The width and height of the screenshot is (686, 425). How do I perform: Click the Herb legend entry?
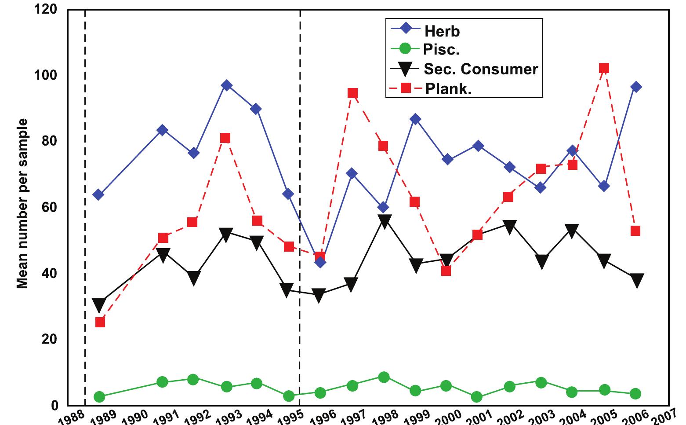coord(442,31)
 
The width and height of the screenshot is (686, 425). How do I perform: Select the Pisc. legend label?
coord(441,50)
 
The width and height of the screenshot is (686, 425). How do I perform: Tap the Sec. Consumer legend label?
coord(480,69)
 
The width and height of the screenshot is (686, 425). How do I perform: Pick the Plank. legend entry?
coord(448,88)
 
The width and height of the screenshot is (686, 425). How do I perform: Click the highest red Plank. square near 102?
coord(604,68)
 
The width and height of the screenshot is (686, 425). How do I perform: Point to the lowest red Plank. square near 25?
coord(100,322)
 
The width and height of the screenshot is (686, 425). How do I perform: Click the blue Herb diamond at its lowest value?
coord(320,262)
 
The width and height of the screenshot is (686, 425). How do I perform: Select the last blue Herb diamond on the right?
coord(635,87)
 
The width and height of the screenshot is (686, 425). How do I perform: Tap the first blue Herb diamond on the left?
coord(98,195)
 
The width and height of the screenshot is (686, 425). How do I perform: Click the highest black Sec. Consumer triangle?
coord(385,221)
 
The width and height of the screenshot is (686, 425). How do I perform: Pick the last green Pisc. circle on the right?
coord(635,394)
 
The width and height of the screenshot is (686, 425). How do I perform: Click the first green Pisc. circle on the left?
coord(99,397)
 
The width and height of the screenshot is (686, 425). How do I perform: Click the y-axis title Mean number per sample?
coord(22,204)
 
